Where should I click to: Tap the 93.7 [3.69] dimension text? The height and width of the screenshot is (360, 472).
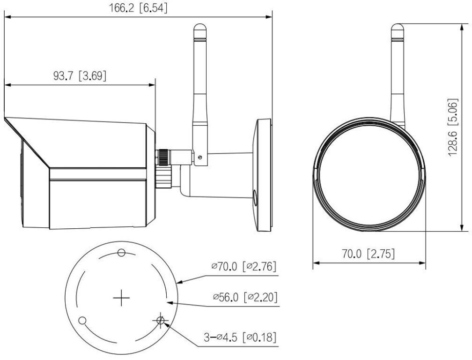tap(78, 75)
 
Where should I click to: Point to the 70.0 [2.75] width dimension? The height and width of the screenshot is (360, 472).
tap(369, 254)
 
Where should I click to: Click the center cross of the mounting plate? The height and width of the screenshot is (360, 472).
tap(121, 298)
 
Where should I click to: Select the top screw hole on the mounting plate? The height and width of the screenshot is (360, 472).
tap(121, 253)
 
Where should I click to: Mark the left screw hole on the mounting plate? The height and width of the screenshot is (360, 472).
tap(82, 320)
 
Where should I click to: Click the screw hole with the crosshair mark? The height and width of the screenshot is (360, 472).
tap(161, 320)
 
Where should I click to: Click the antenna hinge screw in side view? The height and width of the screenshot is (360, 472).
tap(199, 157)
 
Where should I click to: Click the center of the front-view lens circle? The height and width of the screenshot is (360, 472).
tap(369, 175)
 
